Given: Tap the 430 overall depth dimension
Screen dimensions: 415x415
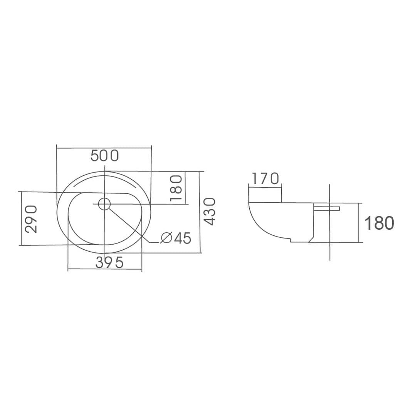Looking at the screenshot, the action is (210, 212).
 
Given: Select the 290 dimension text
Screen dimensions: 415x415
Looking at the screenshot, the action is (31, 219).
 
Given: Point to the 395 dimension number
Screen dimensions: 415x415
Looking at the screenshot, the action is (109, 262).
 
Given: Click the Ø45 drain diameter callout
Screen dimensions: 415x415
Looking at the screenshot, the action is (175, 238).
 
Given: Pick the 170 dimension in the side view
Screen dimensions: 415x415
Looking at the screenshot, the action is (265, 178).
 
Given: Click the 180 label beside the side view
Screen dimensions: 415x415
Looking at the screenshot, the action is (379, 223).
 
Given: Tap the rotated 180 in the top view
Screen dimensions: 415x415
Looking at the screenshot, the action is (176, 188).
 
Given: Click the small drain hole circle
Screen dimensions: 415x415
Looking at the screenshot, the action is (104, 204).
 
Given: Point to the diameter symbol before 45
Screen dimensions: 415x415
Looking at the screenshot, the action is (166, 238).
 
